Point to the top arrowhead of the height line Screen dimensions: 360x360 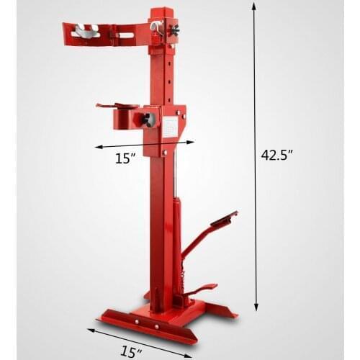coord(253,6)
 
